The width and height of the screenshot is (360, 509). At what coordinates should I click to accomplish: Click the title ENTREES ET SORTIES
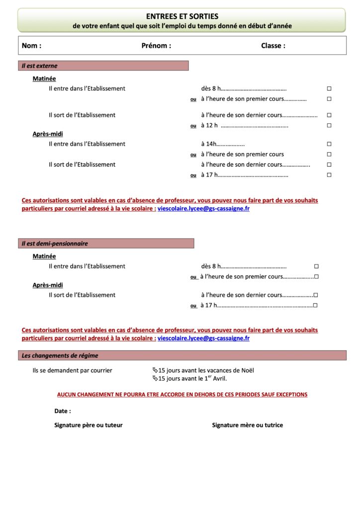tap(182, 16)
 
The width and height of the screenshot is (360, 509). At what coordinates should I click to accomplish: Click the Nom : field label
tap(31, 46)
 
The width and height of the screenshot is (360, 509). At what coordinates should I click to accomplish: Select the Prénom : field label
tap(156, 46)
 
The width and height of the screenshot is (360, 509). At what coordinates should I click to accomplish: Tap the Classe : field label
tap(273, 46)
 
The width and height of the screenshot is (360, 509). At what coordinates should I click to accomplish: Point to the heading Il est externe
tap(40, 66)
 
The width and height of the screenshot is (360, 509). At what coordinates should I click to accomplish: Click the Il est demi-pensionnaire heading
tap(55, 244)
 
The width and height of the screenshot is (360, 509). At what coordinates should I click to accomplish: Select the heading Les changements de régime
tap(60, 355)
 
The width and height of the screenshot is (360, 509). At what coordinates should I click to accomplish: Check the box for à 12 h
tap(329, 126)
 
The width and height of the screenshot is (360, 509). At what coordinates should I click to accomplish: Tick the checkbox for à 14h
tap(329, 144)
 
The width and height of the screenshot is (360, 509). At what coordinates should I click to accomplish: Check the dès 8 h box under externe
tap(329, 88)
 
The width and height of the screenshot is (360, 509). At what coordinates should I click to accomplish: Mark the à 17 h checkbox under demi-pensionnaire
tap(316, 305)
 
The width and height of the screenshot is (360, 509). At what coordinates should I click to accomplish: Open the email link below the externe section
tap(203, 209)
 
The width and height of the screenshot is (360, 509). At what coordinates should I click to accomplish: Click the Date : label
tap(63, 411)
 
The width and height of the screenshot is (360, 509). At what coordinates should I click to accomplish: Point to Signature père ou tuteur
tap(89, 425)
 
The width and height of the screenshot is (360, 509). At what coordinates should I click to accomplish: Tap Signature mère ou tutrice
tap(248, 425)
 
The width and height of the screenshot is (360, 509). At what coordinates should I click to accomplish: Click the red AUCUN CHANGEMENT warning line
tap(182, 395)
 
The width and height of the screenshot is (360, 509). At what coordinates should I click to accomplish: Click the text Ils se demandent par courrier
tap(73, 370)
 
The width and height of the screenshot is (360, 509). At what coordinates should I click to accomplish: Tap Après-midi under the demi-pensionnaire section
tap(48, 285)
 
